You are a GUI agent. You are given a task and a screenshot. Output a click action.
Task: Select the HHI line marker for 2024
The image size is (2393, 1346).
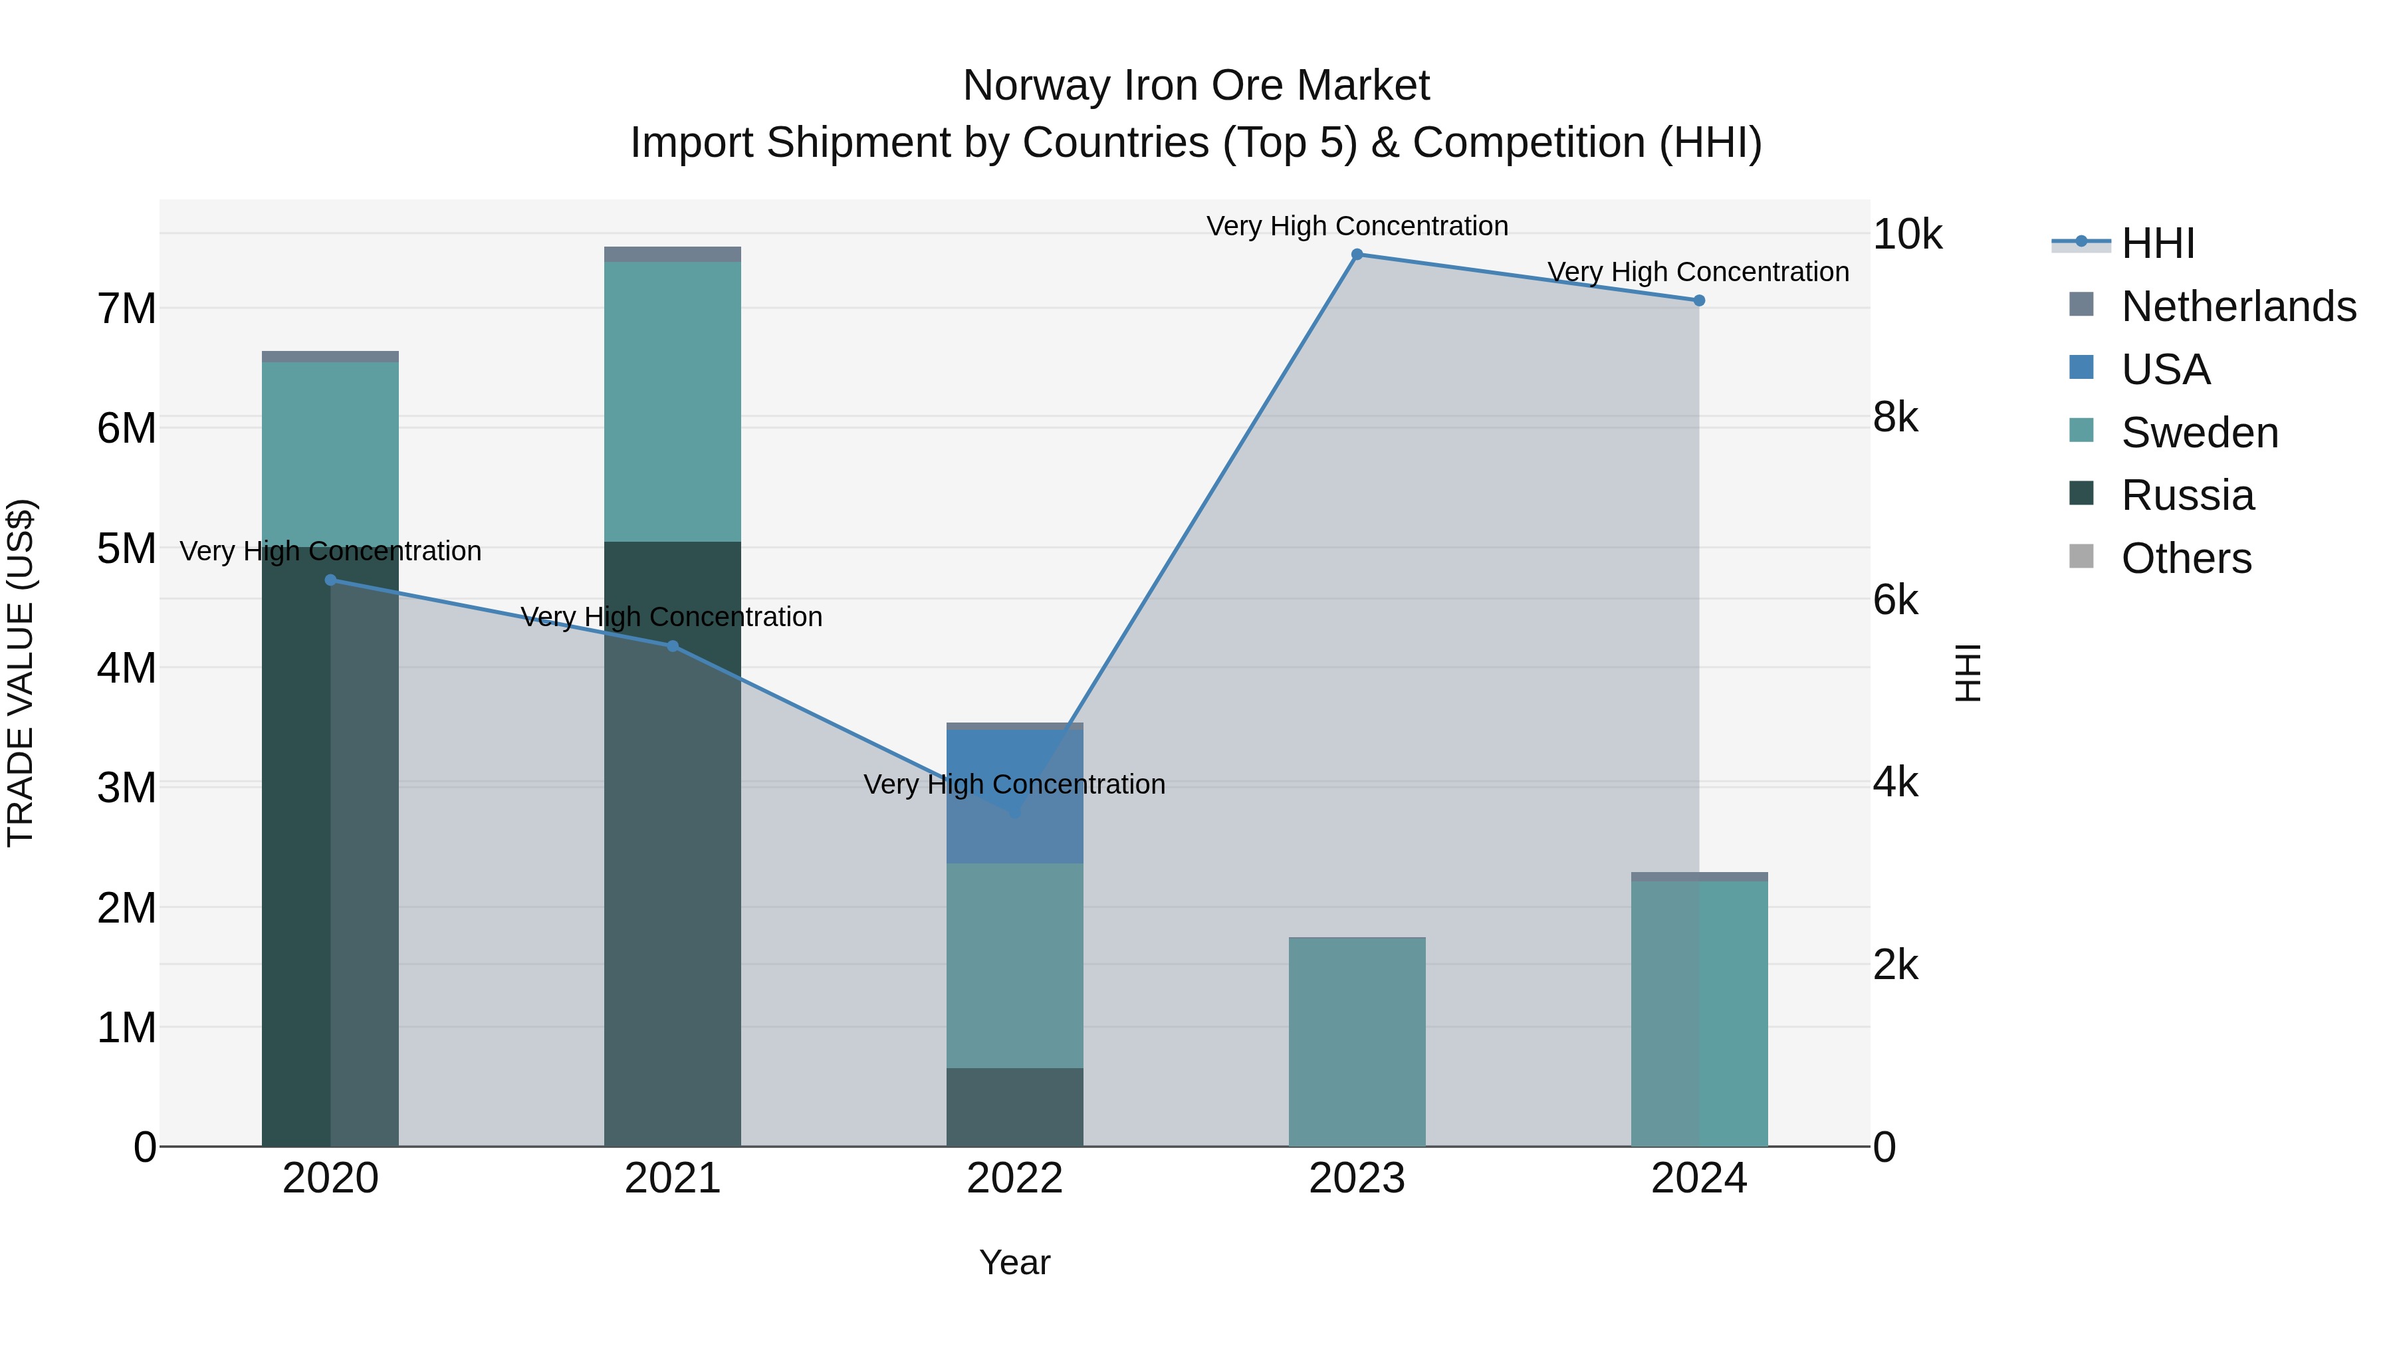point(1699,300)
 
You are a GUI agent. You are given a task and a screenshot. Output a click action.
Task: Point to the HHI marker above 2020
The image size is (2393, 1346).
point(331,580)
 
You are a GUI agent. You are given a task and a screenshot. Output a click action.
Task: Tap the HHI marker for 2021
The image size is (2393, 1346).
point(673,645)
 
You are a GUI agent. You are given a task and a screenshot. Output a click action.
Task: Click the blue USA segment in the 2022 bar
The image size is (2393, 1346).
point(1014,762)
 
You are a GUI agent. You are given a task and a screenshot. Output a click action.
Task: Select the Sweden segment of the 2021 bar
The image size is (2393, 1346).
point(673,401)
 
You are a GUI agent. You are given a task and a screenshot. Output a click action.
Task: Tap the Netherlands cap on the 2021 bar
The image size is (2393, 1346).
point(673,255)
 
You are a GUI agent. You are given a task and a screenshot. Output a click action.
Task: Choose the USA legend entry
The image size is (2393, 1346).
point(2164,370)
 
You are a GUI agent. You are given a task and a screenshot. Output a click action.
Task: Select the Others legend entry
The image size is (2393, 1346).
point(2185,558)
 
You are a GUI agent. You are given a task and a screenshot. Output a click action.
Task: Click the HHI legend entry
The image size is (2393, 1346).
point(2157,243)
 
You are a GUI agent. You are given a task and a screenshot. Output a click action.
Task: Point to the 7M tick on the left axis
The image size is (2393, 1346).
point(127,308)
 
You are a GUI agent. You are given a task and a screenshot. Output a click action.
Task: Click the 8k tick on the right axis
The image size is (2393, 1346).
point(1895,418)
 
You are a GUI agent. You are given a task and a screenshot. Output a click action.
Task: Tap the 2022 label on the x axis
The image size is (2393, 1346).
point(1014,1178)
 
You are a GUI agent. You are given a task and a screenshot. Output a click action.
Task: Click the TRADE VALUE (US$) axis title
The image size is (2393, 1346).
point(21,673)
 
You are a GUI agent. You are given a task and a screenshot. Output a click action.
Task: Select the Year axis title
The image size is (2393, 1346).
point(1014,1262)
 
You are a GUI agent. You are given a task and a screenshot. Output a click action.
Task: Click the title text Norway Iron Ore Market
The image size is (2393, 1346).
point(1196,86)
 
